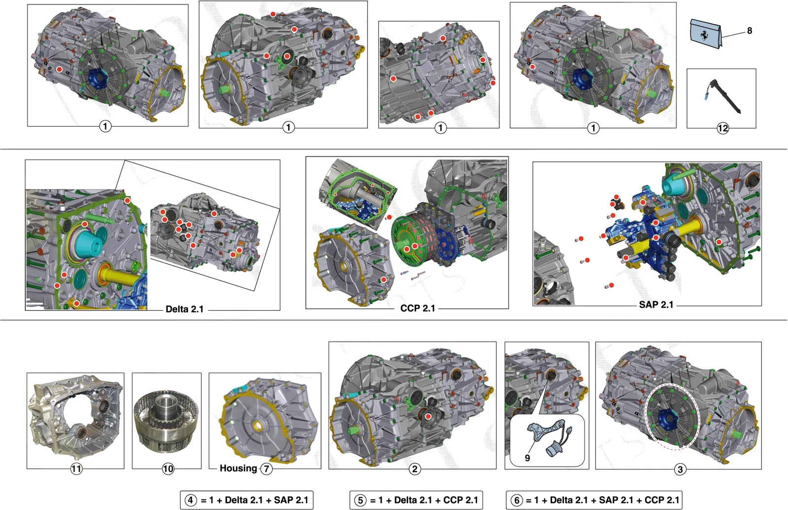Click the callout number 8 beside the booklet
coord(749,31)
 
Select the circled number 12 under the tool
coord(722,128)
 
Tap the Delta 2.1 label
coord(185,309)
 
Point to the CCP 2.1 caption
coord(418,308)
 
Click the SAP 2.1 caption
coord(656,305)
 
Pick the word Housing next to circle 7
coord(238,468)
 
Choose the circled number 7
coord(266,469)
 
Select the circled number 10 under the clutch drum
coord(168,469)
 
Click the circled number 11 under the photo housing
coord(76,469)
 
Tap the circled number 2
coord(415,469)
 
